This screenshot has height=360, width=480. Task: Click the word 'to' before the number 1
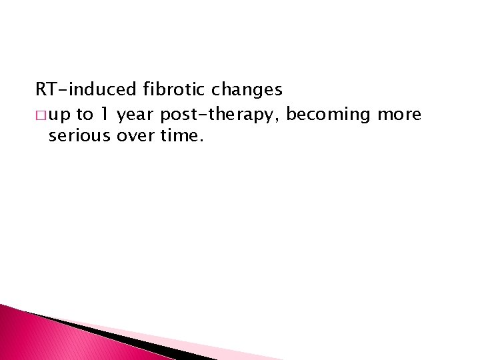(85, 115)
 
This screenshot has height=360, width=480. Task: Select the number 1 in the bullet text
(105, 115)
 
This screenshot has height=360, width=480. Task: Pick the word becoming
(328, 115)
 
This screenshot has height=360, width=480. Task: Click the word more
(399, 115)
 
